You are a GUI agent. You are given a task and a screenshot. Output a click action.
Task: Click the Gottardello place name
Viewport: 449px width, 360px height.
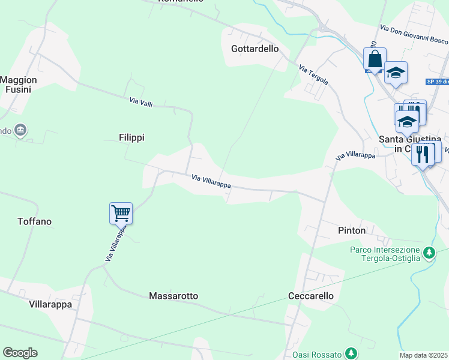click(255, 49)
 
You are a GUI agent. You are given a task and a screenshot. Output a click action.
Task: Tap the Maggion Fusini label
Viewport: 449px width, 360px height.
click(19, 84)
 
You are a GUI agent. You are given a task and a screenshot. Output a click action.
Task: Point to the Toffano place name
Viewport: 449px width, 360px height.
click(34, 221)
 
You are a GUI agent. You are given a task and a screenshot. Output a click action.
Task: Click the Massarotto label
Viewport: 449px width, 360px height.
click(173, 296)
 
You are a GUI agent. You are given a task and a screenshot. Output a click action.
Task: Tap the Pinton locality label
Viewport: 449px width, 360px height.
click(351, 230)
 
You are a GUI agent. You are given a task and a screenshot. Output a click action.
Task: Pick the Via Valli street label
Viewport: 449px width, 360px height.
click(141, 103)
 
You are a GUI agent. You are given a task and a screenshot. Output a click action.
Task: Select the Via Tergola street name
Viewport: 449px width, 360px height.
click(313, 75)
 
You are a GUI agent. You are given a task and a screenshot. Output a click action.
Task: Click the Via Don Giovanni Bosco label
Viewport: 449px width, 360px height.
click(414, 34)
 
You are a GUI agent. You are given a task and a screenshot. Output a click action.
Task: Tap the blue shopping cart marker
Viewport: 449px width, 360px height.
click(121, 213)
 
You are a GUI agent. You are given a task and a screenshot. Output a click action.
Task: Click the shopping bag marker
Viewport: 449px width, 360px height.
click(375, 59)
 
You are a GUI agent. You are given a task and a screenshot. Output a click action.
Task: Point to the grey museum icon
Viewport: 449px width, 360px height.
click(20, 130)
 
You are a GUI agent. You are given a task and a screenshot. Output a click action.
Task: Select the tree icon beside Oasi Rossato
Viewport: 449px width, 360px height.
click(352, 354)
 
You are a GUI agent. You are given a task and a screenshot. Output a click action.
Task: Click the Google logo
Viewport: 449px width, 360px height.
click(20, 353)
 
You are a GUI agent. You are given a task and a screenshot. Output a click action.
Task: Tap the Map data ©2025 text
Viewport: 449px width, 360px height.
click(424, 355)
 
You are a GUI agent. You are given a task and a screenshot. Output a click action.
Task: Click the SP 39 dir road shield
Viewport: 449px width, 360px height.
click(437, 81)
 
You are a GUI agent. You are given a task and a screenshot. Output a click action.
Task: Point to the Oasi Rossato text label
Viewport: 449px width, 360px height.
click(317, 355)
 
